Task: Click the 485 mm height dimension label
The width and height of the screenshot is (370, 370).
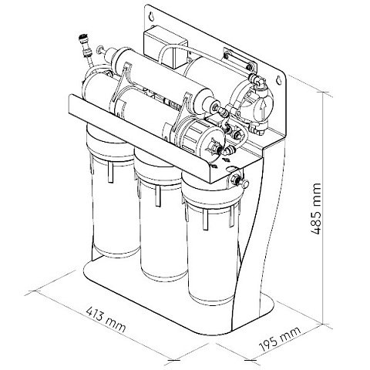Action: (315, 209)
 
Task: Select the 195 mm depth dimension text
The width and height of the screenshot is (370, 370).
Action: (280, 339)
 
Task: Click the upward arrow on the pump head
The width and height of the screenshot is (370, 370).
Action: (261, 109)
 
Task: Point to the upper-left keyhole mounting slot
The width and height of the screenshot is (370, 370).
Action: (152, 16)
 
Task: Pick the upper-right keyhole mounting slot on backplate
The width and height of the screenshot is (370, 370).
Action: (278, 80)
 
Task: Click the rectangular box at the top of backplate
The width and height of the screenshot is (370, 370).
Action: (165, 49)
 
